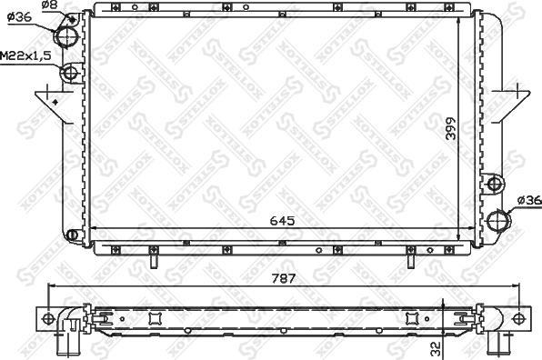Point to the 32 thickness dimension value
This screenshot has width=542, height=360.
point(437,347)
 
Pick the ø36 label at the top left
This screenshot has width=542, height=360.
point(20,15)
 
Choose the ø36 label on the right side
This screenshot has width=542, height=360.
point(528,201)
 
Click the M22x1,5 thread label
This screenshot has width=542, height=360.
point(25,56)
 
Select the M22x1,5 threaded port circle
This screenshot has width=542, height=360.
point(68,73)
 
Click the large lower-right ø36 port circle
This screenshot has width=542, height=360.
point(497,220)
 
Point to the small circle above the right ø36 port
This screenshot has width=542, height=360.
point(495,185)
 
